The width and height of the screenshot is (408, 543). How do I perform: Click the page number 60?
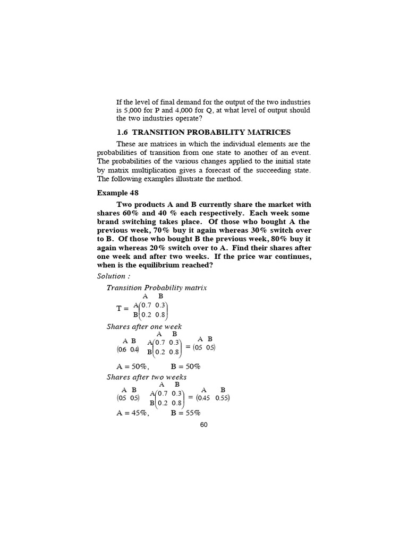tap(204, 425)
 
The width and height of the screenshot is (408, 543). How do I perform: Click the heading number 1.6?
tap(123, 132)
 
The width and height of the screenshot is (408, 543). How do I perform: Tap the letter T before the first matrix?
tap(119, 308)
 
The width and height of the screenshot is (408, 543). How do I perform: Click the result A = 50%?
tap(132, 366)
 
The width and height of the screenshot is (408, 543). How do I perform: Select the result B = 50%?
tap(185, 366)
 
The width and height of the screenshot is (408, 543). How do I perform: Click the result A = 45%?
tap(132, 414)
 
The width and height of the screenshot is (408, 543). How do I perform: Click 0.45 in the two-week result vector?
tap(205, 398)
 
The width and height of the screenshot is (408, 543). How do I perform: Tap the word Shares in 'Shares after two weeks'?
tap(118, 377)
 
